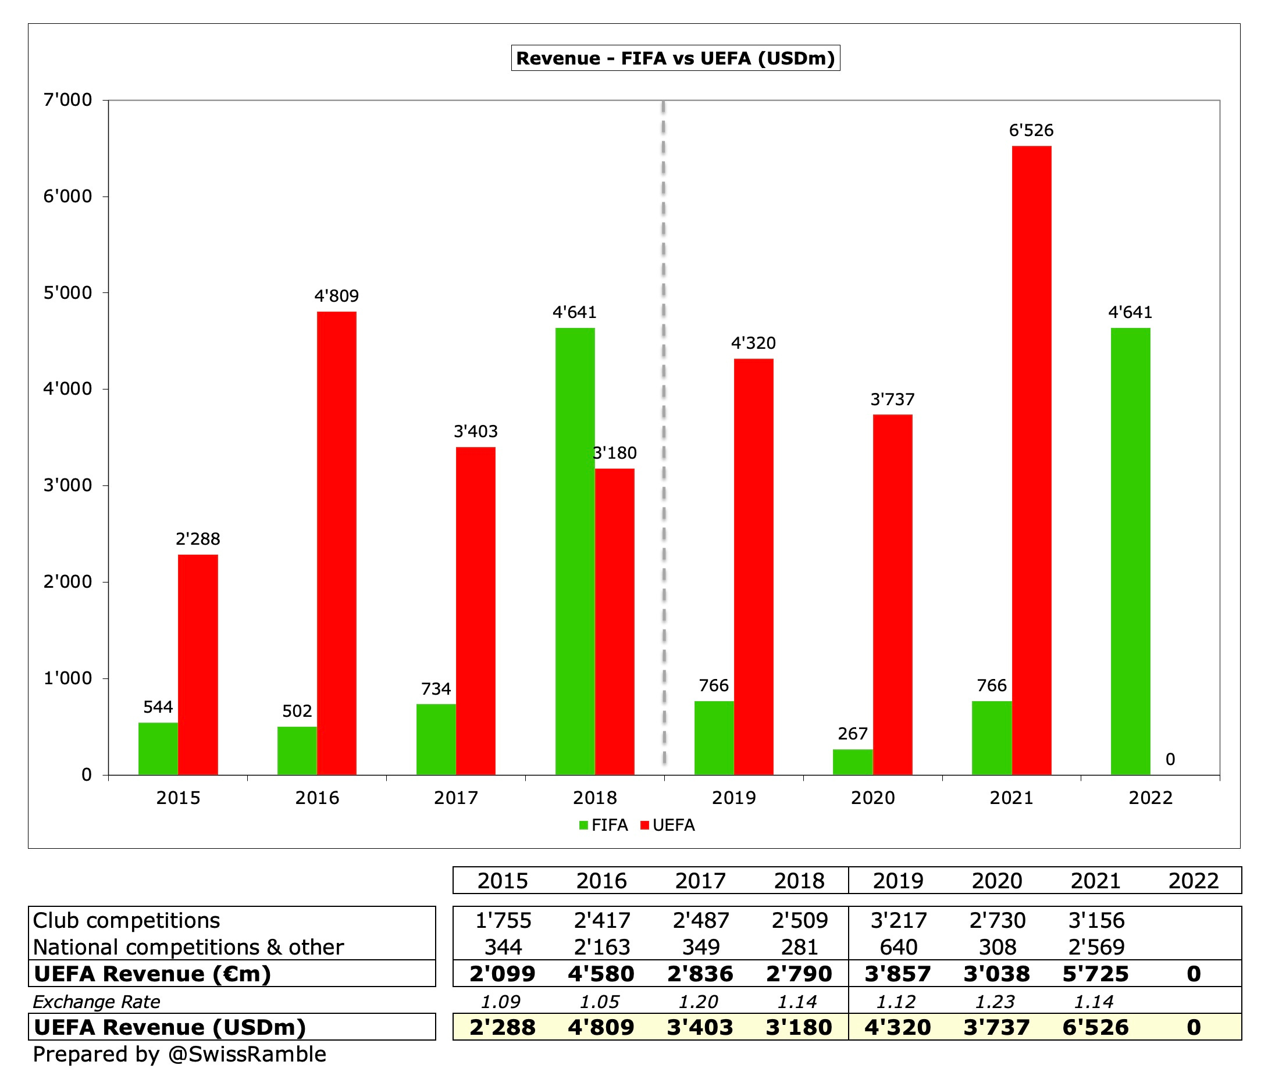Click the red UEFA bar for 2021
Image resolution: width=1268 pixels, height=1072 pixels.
pyautogui.click(x=1031, y=460)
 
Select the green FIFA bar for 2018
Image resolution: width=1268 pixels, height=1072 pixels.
pyautogui.click(x=575, y=551)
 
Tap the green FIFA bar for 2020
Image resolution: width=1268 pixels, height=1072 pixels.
pyautogui.click(x=852, y=762)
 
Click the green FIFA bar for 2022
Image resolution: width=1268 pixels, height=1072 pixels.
pyautogui.click(x=1130, y=551)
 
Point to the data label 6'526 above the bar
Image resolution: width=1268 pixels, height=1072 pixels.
pyautogui.click(x=1031, y=131)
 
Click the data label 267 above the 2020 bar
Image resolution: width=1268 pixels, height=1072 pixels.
pyautogui.click(x=852, y=734)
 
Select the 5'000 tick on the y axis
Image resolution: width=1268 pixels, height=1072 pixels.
pyautogui.click(x=67, y=293)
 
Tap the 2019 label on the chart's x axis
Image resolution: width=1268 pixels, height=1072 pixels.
pyautogui.click(x=733, y=798)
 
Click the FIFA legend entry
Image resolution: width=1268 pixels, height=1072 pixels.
pyautogui.click(x=604, y=826)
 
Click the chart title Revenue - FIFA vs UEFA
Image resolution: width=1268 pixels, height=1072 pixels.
pyautogui.click(x=675, y=58)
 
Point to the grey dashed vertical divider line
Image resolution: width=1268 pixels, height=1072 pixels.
pyautogui.click(x=663, y=426)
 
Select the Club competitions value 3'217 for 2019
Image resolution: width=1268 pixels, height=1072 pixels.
pyautogui.click(x=899, y=921)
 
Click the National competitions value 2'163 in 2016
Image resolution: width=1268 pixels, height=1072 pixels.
pyautogui.click(x=602, y=948)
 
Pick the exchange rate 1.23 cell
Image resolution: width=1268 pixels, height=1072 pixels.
pyautogui.click(x=995, y=1002)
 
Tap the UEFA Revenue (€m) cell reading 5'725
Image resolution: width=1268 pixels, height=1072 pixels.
pyautogui.click(x=1095, y=974)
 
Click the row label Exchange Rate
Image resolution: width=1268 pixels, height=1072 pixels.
pyautogui.click(x=96, y=1002)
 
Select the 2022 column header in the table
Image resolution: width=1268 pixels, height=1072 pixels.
pyautogui.click(x=1193, y=881)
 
